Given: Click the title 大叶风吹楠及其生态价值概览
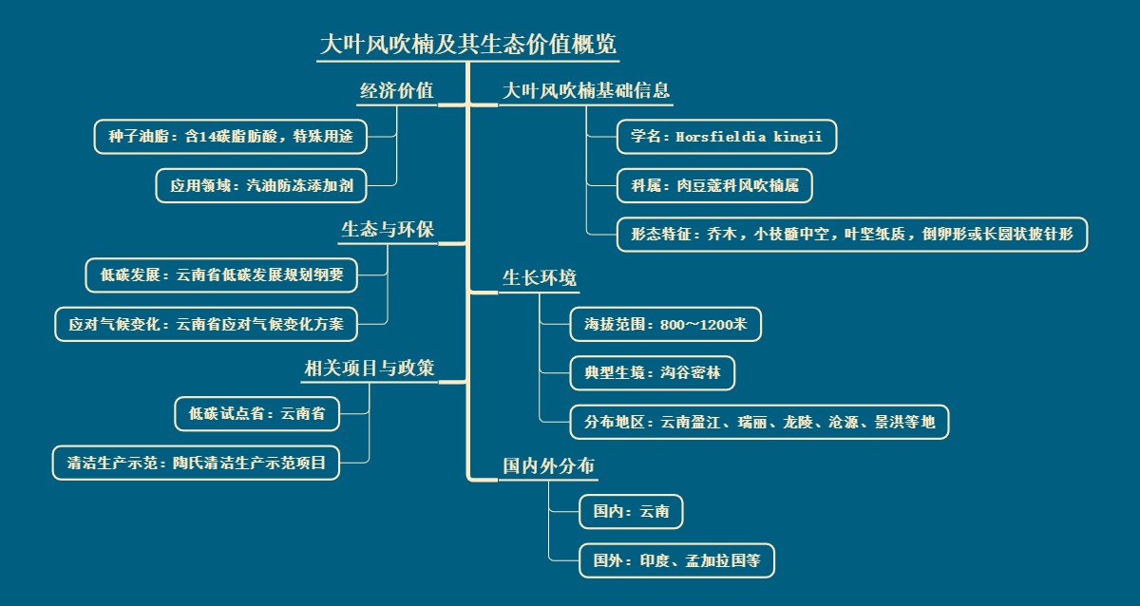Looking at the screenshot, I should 467,46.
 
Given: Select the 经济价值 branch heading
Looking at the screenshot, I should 396,91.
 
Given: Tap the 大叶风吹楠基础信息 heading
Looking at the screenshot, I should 585,91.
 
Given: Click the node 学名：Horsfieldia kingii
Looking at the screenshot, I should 727,137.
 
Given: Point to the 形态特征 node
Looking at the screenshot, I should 851,234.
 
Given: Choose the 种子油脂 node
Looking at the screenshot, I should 230,137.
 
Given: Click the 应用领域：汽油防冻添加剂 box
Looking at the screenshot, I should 261,185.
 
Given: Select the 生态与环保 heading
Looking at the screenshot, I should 388,230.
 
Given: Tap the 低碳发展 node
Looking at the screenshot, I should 221,275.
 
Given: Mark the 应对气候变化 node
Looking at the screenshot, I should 206,324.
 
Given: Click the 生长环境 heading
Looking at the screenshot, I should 540,278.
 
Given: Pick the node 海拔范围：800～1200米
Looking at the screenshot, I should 665,325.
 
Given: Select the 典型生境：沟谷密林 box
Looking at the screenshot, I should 652,372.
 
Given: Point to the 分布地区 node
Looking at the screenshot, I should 759,421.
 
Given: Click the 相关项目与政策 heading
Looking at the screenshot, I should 370,369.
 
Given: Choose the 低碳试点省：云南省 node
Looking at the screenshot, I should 256,413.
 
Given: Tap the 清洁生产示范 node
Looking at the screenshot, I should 196,463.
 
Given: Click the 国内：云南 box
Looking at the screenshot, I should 631,512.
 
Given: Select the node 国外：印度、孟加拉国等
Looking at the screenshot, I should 676,560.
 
